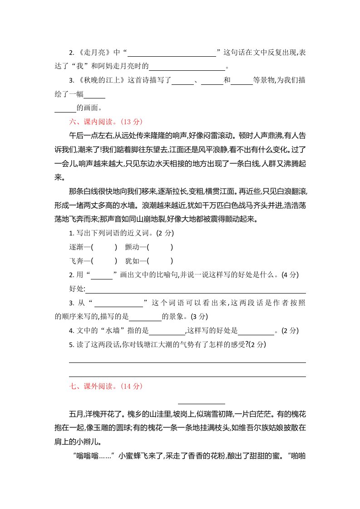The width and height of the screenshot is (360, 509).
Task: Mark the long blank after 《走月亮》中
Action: click(x=174, y=53)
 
